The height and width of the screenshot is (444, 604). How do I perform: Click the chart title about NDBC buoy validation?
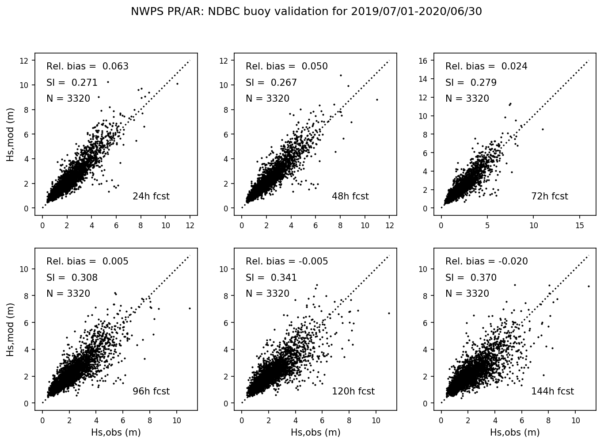point(306,12)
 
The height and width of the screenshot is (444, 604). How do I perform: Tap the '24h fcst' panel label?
point(151,196)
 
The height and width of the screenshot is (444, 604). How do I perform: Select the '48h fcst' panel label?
point(350,196)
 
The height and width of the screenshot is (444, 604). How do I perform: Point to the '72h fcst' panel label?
point(549,196)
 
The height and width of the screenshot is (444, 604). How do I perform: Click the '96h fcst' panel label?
point(151,391)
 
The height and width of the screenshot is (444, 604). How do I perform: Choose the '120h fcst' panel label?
point(353,391)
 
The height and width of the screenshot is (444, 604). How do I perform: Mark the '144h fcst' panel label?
point(552,391)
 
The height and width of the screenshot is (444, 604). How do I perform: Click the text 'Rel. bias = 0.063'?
point(87,66)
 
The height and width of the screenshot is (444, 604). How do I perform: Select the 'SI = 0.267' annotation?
point(271,83)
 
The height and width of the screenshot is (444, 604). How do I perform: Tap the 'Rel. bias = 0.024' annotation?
point(486,66)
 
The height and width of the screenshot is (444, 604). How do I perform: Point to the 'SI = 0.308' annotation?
point(72,278)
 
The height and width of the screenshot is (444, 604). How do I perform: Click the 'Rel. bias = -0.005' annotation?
point(287,261)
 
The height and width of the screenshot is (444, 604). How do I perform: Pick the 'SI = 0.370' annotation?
point(471,278)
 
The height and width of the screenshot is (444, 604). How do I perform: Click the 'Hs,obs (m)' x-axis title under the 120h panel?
point(315,432)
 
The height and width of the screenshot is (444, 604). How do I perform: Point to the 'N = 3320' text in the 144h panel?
point(467,294)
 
